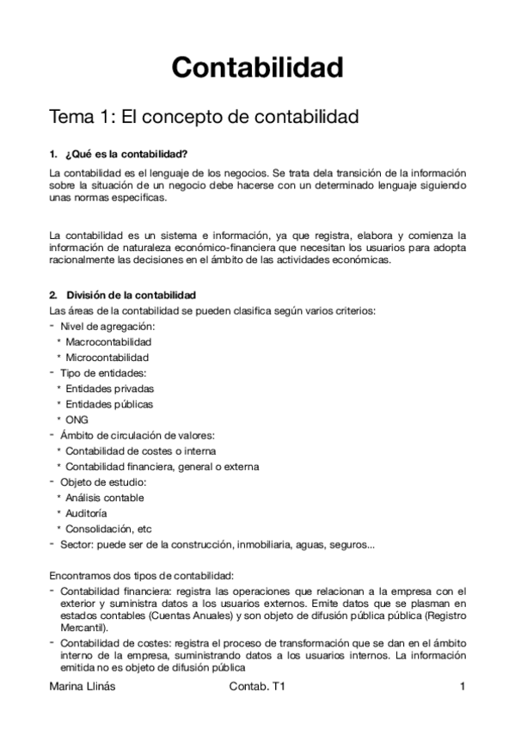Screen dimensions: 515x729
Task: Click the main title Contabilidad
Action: coord(257,66)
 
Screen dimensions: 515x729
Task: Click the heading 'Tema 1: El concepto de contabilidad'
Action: coord(203,115)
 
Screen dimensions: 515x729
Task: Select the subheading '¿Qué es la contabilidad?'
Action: coord(120,155)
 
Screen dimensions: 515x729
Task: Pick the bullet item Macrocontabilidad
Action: coord(108,341)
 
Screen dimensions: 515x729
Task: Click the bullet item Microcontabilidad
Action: coord(107,357)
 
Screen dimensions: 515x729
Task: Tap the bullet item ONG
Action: coord(77,420)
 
